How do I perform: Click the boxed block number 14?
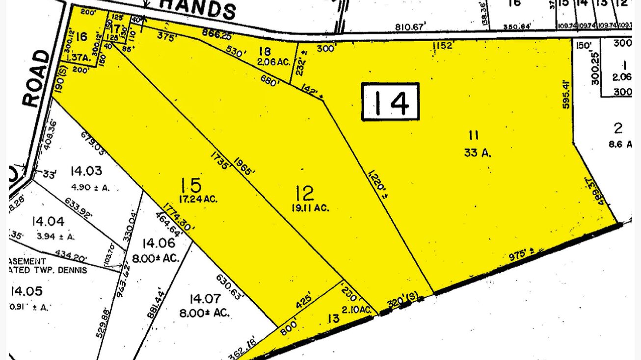coord(391,102)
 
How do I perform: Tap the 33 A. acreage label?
coord(478,153)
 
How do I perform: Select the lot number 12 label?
coord(305,194)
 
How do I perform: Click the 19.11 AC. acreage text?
coord(310,208)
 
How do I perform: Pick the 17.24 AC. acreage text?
coord(197,199)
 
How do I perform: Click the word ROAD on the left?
coord(37,78)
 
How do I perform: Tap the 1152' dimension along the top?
coord(442,46)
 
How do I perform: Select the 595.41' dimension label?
coord(568,88)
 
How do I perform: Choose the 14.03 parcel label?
coord(86,171)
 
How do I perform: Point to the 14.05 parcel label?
coord(27,291)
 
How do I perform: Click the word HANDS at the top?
coord(198,8)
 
